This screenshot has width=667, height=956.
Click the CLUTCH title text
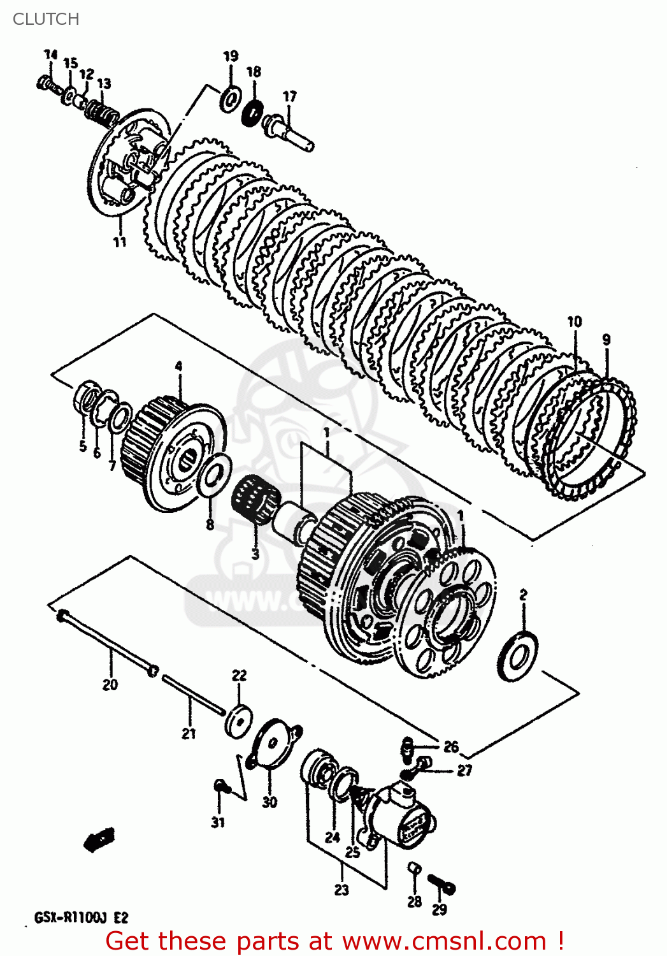pyautogui.click(x=46, y=19)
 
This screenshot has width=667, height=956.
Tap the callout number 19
pyautogui.click(x=231, y=56)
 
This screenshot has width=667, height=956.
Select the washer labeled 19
pyautogui.click(x=230, y=98)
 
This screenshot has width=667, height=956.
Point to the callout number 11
pyautogui.click(x=120, y=242)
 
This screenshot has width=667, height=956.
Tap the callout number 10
pyautogui.click(x=575, y=321)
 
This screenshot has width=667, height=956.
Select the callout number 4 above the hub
pyautogui.click(x=179, y=366)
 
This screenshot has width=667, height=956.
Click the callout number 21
pyautogui.click(x=189, y=734)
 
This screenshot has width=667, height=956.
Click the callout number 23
pyautogui.click(x=342, y=890)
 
